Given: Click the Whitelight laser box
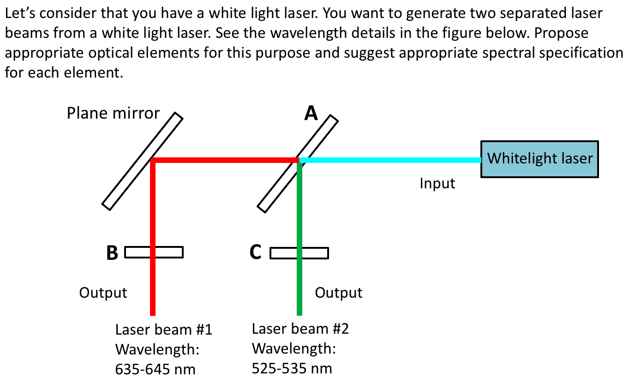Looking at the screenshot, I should tap(539, 159).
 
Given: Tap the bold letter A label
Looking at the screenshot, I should tap(311, 113).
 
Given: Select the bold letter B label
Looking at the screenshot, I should tap(112, 253).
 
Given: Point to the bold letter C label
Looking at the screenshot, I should tap(256, 252).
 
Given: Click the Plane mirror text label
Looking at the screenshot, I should tap(113, 113).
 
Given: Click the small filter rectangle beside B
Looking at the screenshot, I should tap(171, 252).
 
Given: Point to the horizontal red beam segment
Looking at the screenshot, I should tap(226, 160).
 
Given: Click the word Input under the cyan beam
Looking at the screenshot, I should tap(437, 184).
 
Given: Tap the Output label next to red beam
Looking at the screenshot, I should tap(103, 293).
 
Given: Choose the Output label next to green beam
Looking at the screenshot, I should tap(339, 293).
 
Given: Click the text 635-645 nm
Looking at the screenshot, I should tap(155, 369).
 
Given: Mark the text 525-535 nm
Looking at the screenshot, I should tap(292, 368).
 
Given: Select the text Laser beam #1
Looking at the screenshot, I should tap(163, 330).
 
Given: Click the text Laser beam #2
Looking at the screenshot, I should tap(300, 329).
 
